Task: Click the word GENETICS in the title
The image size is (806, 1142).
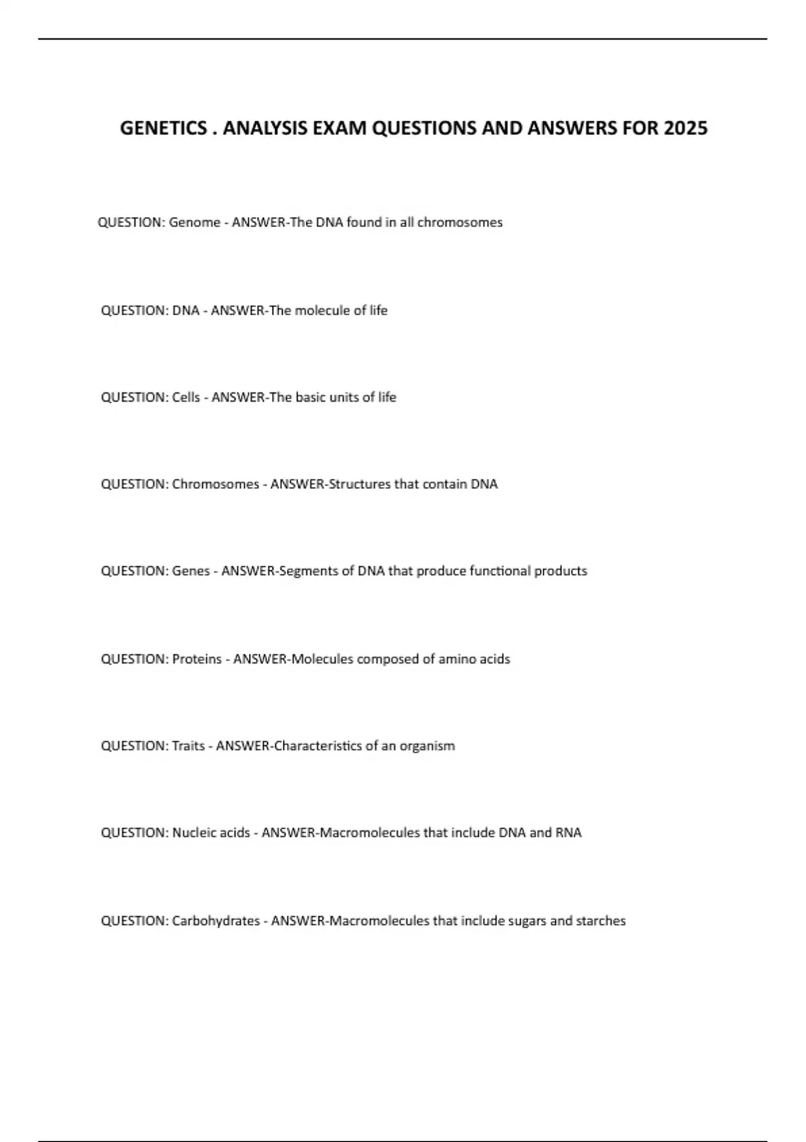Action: coord(163,128)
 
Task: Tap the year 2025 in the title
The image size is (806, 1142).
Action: coord(685,128)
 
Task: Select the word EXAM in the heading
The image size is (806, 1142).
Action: coord(340,128)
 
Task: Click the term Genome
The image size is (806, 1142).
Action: coord(194,222)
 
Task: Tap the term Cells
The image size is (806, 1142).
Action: coord(186,397)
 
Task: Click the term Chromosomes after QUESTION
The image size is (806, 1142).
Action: coord(215,484)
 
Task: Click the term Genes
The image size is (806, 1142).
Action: coord(191,571)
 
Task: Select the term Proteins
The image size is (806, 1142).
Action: coord(197,659)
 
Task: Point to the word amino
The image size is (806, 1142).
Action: coord(458,659)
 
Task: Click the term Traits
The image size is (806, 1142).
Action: coord(188,746)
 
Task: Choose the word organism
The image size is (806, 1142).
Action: coord(427,746)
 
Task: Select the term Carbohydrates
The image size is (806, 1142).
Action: coord(216,921)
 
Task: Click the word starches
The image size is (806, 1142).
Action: coord(600,921)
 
